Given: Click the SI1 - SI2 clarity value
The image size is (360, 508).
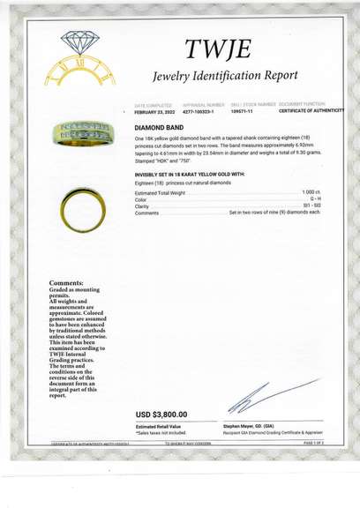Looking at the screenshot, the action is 312,206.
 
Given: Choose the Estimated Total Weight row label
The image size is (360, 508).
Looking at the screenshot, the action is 160,192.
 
